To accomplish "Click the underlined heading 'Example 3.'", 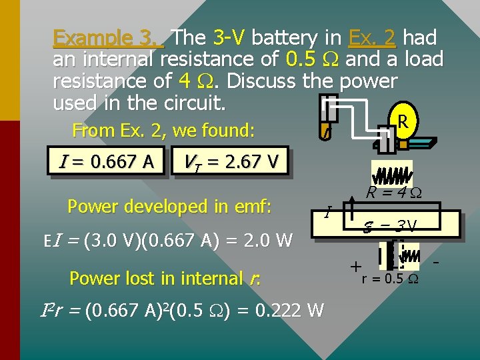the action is (x=109, y=37).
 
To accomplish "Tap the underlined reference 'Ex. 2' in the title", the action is (x=372, y=37).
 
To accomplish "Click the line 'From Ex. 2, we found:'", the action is (x=163, y=130).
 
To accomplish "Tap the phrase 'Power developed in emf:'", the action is (x=169, y=207).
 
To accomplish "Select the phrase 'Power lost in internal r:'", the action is (x=164, y=277).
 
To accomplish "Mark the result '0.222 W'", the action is (x=291, y=311).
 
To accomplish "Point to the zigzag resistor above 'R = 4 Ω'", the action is (x=391, y=175).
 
